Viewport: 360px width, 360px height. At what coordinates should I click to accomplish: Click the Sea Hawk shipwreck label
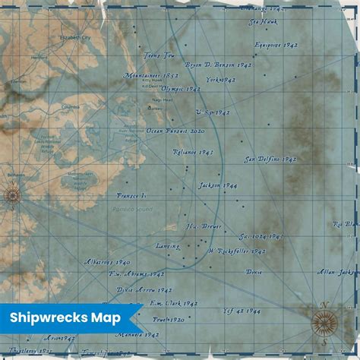point(263,23)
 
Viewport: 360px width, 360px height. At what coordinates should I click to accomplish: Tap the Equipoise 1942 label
point(276,45)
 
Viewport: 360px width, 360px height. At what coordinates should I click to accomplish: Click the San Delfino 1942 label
point(270,159)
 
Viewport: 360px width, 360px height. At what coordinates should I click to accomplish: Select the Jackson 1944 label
point(218,185)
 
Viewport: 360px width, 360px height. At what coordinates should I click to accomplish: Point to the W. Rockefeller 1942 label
point(236,251)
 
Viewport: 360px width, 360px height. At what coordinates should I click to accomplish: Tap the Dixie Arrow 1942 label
point(144,289)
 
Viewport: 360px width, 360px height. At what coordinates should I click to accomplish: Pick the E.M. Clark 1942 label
point(173,303)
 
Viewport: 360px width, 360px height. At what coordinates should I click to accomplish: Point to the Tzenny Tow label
point(159,55)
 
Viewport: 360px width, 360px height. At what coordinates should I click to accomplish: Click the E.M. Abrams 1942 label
point(137,274)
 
